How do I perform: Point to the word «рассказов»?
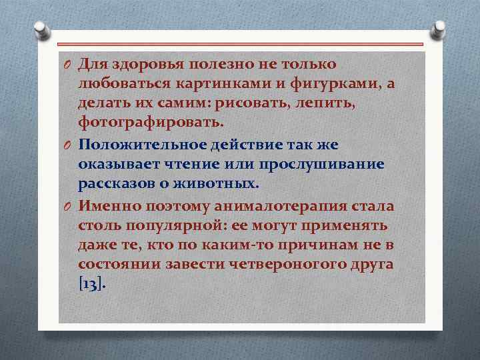[x=115, y=183]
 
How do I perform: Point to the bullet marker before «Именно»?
[x=68, y=206]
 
